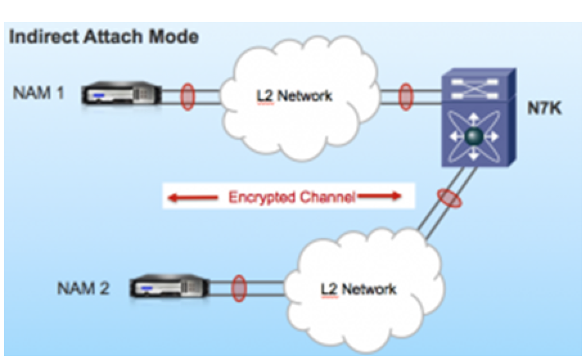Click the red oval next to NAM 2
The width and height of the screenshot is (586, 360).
[239, 287]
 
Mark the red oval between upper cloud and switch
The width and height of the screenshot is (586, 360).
[405, 96]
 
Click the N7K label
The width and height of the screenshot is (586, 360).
[546, 109]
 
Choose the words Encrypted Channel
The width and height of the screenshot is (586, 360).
[291, 197]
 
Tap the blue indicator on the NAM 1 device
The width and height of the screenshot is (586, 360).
[98, 97]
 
